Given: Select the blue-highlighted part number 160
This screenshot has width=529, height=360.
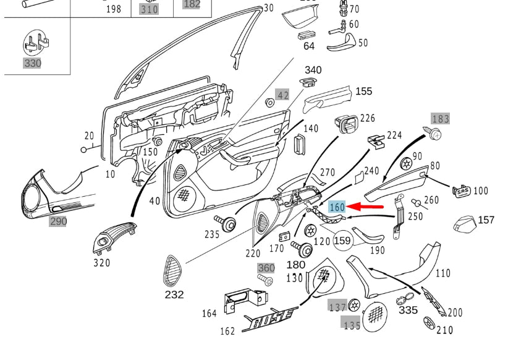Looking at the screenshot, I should coord(337,207).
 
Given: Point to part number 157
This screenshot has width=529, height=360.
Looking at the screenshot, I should coord(486,220).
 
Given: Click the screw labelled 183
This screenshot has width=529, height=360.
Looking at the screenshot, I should coord(434,133).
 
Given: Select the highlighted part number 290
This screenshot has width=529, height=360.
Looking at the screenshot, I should coord(58,221).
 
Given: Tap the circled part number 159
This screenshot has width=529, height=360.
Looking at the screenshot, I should coord(342,240).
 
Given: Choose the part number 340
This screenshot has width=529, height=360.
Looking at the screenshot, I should coord(313,70).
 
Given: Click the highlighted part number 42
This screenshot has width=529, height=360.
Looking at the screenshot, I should coord(282,95).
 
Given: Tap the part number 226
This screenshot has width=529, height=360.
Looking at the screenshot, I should coord(368,118).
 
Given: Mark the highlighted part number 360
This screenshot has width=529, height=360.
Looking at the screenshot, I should coord(266,268).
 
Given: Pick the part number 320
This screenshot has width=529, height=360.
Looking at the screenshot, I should coord(101,263).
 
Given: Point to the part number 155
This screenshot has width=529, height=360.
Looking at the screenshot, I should coord(363,92).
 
